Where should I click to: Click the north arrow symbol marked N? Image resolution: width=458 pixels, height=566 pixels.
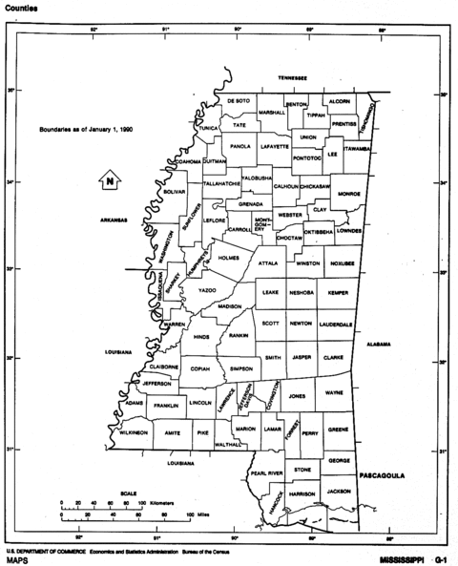click(110, 179)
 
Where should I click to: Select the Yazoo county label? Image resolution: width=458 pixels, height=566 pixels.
click(207, 289)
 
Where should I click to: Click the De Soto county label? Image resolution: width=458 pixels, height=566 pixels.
click(239, 100)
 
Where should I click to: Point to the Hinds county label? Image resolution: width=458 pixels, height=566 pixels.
click(201, 337)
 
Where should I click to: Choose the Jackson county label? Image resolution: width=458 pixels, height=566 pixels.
click(339, 491)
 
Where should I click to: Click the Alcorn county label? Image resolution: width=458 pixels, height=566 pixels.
click(340, 100)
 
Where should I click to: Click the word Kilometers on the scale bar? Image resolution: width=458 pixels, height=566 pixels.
click(164, 501)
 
